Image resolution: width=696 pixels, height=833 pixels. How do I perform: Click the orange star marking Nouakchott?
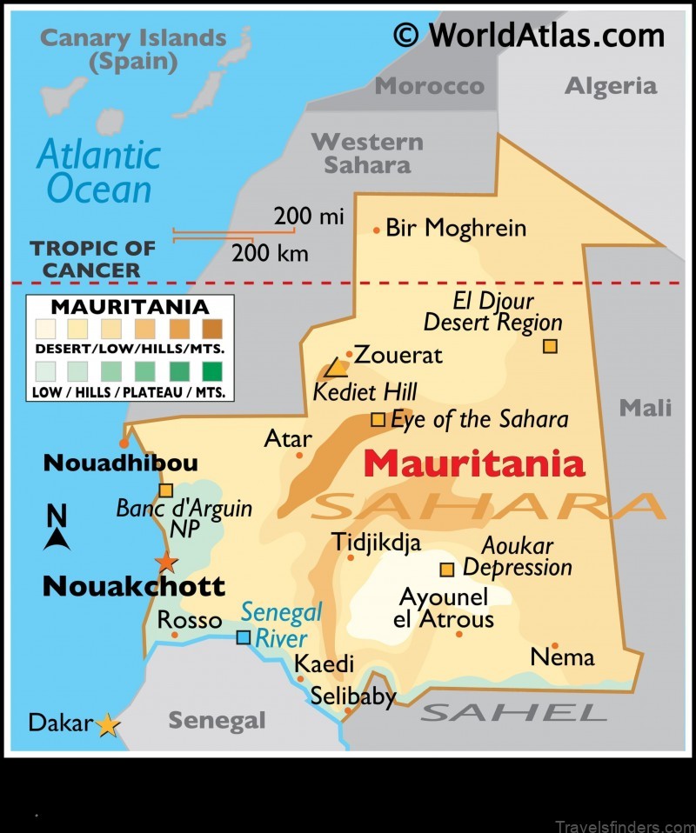pos(165,562)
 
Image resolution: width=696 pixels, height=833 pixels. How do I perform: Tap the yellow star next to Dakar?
pos(107,723)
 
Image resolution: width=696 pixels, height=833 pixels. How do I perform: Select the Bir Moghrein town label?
pos(456,229)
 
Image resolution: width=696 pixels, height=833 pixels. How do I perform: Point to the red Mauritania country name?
pos(474,463)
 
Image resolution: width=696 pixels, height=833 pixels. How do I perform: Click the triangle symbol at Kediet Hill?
pos(336,369)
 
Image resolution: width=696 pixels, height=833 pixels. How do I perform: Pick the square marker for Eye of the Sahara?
pos(378,419)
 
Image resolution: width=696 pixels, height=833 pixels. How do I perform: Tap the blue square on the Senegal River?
pos(244,637)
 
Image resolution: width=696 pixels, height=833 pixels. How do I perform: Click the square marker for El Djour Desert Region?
pos(550,346)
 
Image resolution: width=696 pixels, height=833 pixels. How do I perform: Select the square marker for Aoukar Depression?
pos(447,570)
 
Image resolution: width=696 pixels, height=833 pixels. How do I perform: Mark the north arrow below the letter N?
pos(57,540)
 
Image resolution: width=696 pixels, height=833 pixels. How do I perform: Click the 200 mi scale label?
pos(309,216)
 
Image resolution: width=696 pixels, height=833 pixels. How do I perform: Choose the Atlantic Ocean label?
pos(98,171)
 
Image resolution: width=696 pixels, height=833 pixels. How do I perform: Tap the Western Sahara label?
pos(367,152)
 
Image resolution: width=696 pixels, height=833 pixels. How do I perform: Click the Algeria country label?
pos(611,85)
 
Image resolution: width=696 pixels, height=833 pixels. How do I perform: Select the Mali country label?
pos(645,407)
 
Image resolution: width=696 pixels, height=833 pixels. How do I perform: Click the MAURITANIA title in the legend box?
pos(130,307)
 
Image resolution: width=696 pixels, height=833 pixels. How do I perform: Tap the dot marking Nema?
pos(555,645)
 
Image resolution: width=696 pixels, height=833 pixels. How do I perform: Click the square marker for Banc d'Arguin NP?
pos(166,490)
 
